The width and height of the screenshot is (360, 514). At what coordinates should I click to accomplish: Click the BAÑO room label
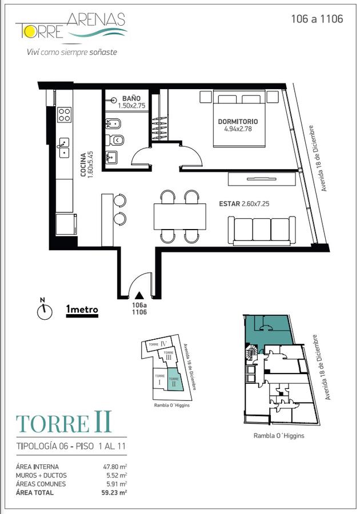131,98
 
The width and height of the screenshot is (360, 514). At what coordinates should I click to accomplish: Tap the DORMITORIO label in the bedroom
238,121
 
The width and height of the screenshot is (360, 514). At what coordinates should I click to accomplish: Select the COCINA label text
83,164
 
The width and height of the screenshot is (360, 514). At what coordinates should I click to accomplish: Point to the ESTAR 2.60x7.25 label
244,203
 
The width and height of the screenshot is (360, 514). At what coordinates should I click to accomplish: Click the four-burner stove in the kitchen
65,115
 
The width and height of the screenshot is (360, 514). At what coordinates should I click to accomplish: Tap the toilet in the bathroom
114,140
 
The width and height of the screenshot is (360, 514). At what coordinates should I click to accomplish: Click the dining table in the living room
179,216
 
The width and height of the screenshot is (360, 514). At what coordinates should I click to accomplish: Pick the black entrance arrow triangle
139,295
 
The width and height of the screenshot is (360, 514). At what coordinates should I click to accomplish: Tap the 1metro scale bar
82,311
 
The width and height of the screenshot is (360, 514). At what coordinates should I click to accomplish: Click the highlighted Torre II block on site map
175,379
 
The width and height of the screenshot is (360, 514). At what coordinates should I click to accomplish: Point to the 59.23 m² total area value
114,492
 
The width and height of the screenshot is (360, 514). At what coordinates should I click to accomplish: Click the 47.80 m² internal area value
115,467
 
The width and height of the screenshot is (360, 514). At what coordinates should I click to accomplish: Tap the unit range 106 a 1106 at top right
317,19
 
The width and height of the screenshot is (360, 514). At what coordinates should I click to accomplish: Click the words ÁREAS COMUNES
41,484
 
